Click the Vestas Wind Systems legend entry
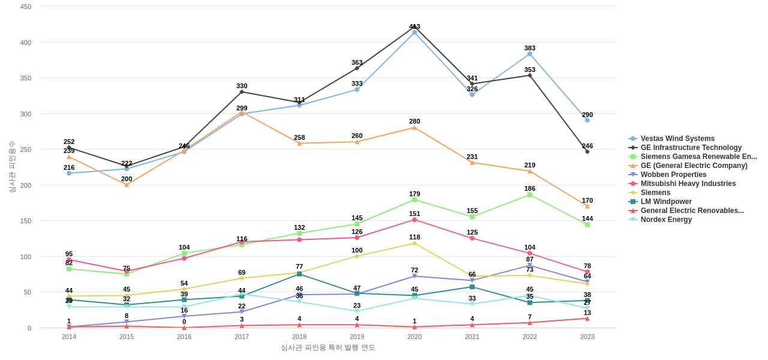pyautogui.click(x=677, y=139)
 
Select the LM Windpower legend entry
pyautogui.click(x=666, y=202)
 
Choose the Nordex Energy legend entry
pyautogui.click(x=666, y=220)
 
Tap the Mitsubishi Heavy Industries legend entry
pyautogui.click(x=688, y=184)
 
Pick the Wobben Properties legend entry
pyautogui.click(x=673, y=175)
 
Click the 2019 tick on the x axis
pyautogui.click(x=357, y=337)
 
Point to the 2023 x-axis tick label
pyautogui.click(x=587, y=337)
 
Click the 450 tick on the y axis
pyautogui.click(x=26, y=7)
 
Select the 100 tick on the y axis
pyautogui.click(x=26, y=257)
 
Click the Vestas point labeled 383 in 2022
pyautogui.click(x=530, y=54)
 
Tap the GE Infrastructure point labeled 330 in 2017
pyautogui.click(x=242, y=92)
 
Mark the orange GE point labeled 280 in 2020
pyautogui.click(x=415, y=128)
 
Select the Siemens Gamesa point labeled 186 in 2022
pyautogui.click(x=530, y=195)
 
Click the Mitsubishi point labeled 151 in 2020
pyautogui.click(x=415, y=220)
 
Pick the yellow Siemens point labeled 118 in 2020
pyautogui.click(x=415, y=244)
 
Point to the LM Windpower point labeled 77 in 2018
pyautogui.click(x=299, y=274)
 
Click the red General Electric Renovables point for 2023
pyautogui.click(x=587, y=319)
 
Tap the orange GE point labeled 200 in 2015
pyautogui.click(x=127, y=185)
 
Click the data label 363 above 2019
pyautogui.click(x=357, y=62)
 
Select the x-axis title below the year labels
pyautogui.click(x=328, y=347)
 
